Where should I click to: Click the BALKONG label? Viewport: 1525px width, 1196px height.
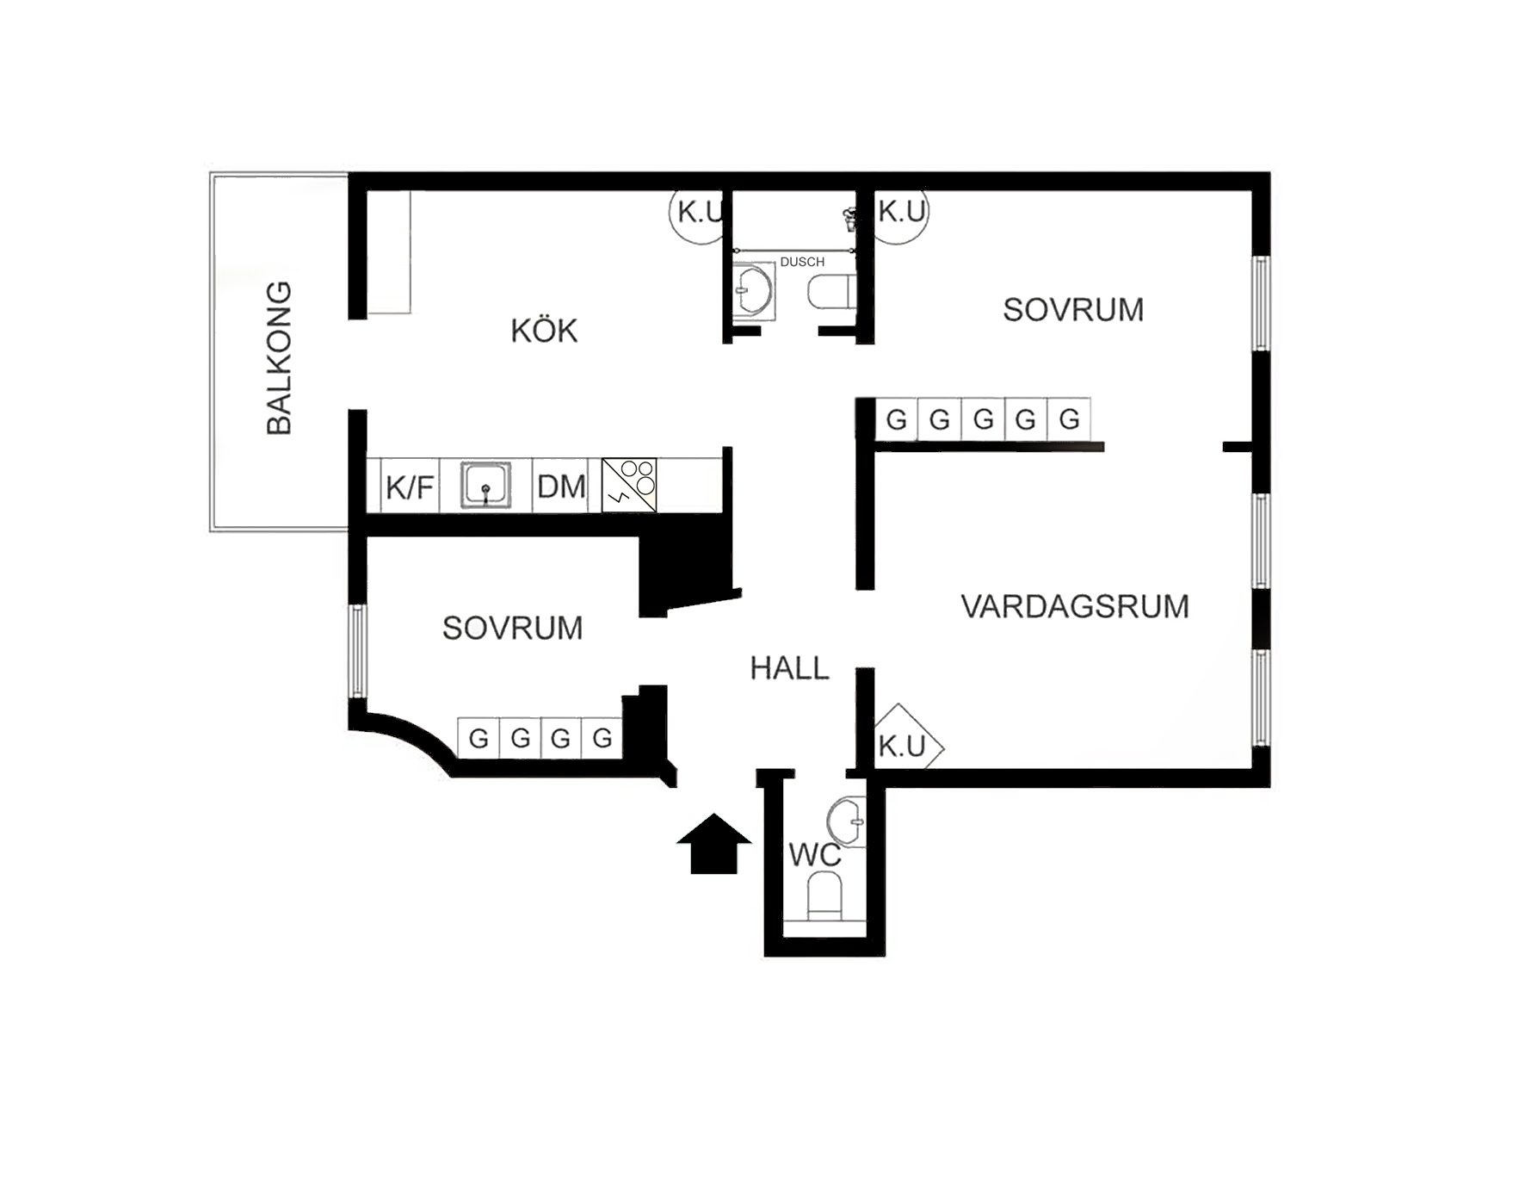(x=280, y=357)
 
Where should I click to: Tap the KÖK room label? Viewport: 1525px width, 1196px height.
(x=544, y=330)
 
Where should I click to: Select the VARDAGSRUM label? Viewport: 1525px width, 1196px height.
(x=1075, y=606)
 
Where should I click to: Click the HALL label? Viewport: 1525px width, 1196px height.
(x=789, y=668)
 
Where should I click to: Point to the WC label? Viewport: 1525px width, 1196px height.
(x=814, y=855)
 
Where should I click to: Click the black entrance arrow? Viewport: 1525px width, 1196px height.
(x=714, y=844)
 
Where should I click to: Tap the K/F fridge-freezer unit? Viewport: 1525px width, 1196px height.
(x=410, y=487)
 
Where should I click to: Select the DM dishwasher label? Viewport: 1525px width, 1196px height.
(x=561, y=486)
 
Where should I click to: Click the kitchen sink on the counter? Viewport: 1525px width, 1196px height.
(x=485, y=486)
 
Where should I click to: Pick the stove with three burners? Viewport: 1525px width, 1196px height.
(x=629, y=485)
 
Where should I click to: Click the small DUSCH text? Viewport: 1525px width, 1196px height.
(x=802, y=262)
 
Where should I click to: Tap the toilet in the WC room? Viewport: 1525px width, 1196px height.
(x=824, y=896)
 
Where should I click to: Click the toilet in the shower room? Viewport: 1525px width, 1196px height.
(x=831, y=292)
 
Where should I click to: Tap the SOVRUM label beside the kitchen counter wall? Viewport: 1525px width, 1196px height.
(x=512, y=628)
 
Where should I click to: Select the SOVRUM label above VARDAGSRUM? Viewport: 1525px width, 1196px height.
(x=1073, y=309)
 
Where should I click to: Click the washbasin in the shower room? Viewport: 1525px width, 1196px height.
(x=754, y=291)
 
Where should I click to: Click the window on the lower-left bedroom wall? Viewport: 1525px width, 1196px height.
(x=357, y=651)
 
